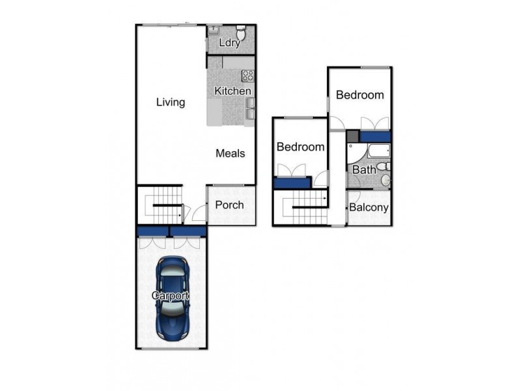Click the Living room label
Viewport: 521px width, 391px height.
pyautogui.click(x=171, y=102)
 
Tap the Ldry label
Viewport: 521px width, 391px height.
pyautogui.click(x=231, y=44)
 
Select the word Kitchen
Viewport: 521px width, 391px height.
pyautogui.click(x=233, y=91)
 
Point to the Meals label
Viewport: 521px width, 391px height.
pyautogui.click(x=231, y=153)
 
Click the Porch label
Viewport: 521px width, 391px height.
pyautogui.click(x=229, y=205)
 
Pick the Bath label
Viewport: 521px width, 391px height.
pyautogui.click(x=364, y=170)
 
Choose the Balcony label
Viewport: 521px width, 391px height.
pyautogui.click(x=369, y=209)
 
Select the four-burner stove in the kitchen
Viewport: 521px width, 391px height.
pyautogui.click(x=247, y=75)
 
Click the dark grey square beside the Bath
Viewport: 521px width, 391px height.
pyautogui.click(x=352, y=136)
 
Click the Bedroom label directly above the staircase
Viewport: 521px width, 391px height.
pyautogui.click(x=300, y=147)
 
